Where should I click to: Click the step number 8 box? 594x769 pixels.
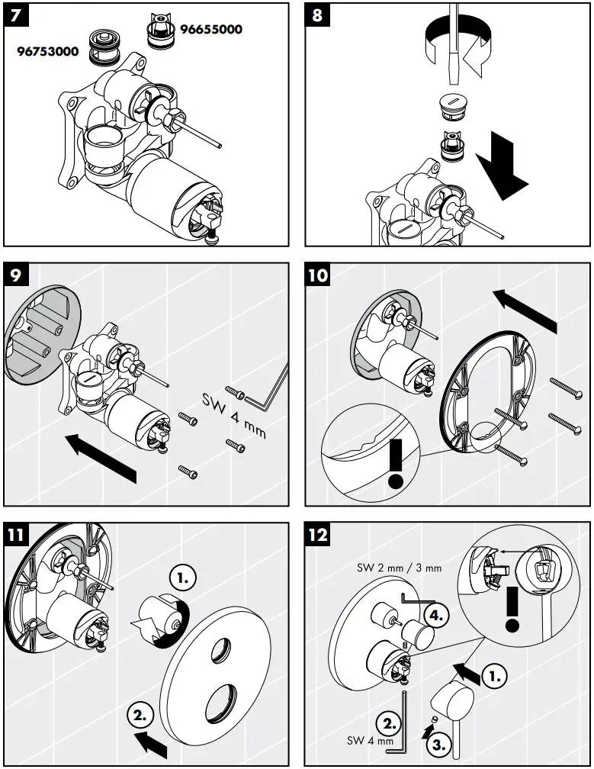[316, 15]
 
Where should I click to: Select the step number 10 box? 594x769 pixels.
[318, 275]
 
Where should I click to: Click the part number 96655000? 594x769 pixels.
[210, 30]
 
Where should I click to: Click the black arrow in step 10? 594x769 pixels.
[525, 310]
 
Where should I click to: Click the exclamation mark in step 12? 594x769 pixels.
[512, 609]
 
